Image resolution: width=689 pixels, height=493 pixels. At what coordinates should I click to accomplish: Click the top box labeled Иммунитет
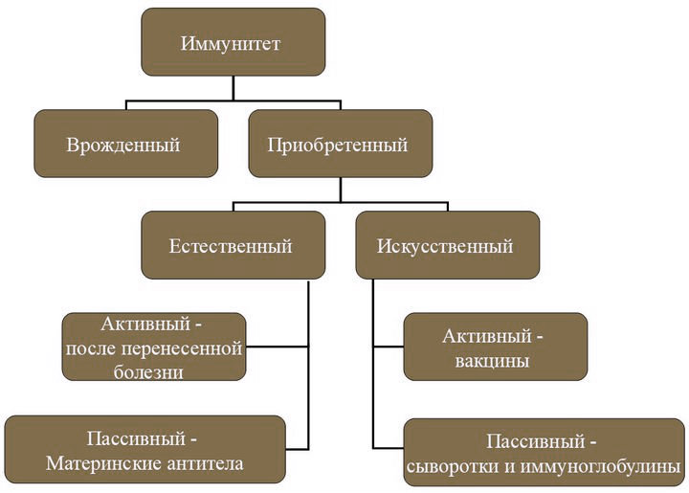(233, 42)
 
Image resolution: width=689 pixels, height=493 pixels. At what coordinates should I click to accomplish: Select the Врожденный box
(126, 144)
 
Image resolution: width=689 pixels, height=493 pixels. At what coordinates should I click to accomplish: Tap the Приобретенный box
(341, 144)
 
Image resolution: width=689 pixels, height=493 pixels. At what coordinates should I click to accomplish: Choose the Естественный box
(233, 245)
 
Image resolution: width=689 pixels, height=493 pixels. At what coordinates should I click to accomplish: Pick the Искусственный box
(448, 245)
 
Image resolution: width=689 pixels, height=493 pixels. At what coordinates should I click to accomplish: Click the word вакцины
(492, 361)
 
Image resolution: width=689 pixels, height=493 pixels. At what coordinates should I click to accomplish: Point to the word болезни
(148, 372)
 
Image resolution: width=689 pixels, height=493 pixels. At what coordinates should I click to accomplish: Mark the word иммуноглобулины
(600, 466)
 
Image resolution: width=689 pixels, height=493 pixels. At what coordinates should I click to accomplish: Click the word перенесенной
(181, 348)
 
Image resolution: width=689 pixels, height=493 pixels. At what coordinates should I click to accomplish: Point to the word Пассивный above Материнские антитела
(136, 438)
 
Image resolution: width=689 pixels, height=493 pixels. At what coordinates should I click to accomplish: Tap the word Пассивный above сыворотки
(536, 441)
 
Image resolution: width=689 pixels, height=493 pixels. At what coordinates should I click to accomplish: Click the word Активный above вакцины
(487, 336)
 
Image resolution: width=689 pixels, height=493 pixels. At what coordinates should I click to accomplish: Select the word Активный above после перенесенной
(145, 324)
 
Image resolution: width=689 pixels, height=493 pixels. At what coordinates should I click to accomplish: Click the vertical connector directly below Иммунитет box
(233, 88)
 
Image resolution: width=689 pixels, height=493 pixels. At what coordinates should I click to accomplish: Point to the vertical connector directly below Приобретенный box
(341, 190)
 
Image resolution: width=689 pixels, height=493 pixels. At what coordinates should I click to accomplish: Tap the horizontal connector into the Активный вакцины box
(389, 347)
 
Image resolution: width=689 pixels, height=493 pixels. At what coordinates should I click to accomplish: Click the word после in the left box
(91, 348)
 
